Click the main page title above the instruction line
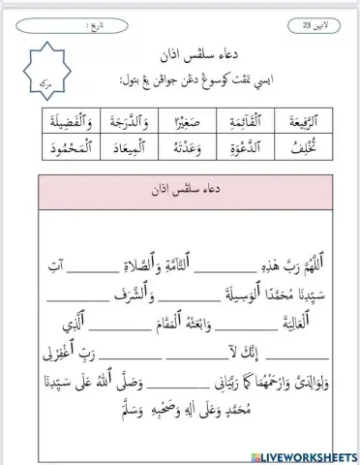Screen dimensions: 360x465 coord(180,49)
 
